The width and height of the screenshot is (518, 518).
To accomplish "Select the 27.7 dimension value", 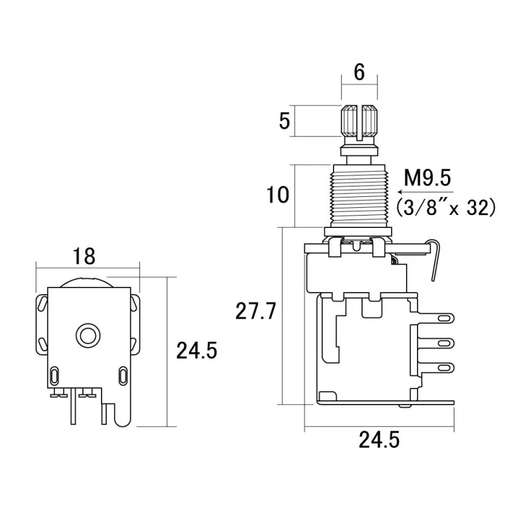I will [256, 311].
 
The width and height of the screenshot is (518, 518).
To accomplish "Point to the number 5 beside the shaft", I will [284, 121].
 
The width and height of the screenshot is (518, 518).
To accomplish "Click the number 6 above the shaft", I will [359, 73].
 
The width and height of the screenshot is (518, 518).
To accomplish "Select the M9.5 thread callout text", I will [427, 176].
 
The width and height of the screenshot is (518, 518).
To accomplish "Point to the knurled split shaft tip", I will [359, 120].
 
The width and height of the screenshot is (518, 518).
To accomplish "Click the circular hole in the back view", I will [87, 335].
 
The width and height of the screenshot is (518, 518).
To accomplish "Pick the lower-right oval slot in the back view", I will [124, 375].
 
